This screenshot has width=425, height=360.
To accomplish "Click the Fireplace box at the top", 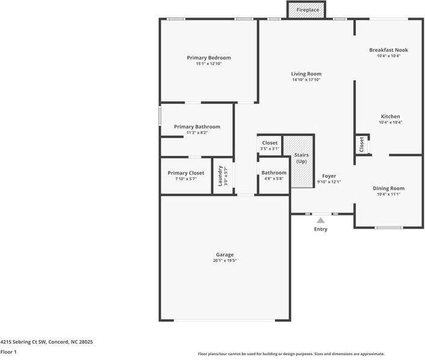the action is [306, 10].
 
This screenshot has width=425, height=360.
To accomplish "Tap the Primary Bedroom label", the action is [209, 58].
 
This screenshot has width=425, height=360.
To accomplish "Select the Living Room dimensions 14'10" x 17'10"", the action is [306, 79].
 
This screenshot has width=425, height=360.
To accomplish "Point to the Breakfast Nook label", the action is [388, 50].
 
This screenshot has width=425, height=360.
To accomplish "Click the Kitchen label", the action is [390, 116].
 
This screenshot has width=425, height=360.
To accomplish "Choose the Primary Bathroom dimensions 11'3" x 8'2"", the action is [197, 132].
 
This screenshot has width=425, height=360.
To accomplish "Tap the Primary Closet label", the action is [186, 173].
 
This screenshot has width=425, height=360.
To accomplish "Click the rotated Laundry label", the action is [220, 176].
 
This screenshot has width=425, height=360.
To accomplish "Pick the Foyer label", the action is [329, 176].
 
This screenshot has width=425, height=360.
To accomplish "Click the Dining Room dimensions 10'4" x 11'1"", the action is [388, 194].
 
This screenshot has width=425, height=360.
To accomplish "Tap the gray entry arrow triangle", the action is [321, 220].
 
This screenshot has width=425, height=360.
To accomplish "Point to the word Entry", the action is [321, 229].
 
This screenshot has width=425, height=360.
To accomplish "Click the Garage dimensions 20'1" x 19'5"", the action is [225, 261].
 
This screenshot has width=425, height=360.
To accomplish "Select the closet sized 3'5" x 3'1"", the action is [270, 145].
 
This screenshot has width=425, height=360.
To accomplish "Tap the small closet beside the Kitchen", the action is [362, 144].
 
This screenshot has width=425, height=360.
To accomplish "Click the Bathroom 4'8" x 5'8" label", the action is [274, 175].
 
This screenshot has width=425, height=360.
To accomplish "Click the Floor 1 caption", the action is [8, 352].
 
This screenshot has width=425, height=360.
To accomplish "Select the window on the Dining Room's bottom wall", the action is [389, 228].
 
